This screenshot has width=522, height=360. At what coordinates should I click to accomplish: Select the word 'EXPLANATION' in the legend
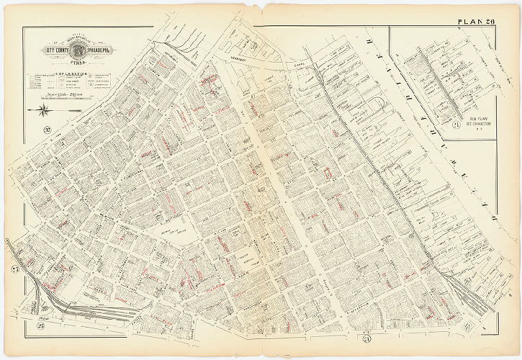coord(68,74)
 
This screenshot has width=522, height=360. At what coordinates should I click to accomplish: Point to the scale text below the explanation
coord(68,95)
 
